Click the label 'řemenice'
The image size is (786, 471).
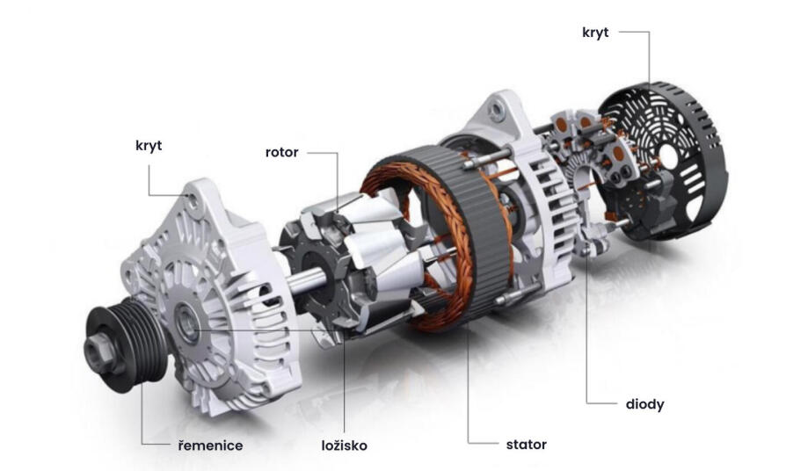210,446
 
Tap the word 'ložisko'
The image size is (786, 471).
345,446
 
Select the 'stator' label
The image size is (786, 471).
527,445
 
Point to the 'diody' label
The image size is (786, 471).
644,404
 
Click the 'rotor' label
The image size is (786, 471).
281,152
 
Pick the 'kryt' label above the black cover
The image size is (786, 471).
595,33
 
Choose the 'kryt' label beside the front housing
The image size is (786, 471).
149,146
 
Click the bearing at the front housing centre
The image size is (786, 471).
187,323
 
